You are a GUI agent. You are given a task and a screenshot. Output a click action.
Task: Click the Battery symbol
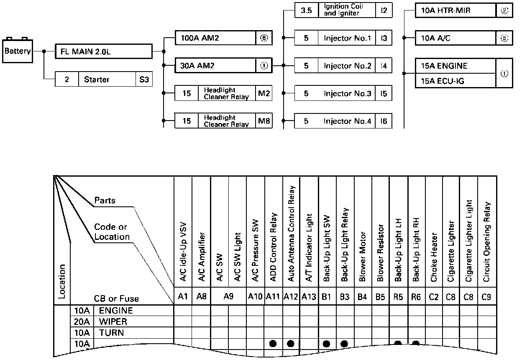coord(18,51)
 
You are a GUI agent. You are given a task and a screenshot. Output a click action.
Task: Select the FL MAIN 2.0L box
coord(104,52)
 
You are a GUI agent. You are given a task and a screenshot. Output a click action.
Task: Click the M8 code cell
coord(264,121)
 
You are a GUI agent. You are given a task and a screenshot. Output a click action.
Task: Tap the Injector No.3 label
coord(347,93)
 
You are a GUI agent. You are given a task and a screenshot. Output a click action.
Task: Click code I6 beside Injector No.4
coord(384,121)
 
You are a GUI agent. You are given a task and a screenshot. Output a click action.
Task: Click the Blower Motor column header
coord(363,256)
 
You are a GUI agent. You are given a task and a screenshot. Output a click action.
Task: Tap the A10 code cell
coord(255,297)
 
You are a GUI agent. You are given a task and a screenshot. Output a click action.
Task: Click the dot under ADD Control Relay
coord(273,344)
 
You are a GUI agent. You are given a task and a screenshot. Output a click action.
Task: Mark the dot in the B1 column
coord(327,344)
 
